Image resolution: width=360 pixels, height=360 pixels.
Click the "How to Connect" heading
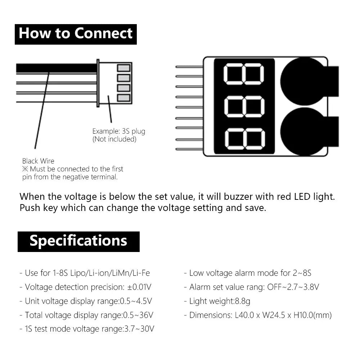(76, 33)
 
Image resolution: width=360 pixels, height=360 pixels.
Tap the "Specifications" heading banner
(78, 241)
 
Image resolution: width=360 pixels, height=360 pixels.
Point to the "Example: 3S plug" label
(118, 131)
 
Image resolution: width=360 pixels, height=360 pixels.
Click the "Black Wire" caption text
(38, 161)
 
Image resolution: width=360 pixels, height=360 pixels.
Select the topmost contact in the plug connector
(123, 68)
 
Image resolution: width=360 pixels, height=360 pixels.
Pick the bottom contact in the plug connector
(123, 98)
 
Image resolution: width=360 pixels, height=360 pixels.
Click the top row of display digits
(244, 74)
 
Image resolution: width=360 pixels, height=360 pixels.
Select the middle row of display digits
(244, 107)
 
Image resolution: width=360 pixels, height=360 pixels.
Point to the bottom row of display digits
(244, 139)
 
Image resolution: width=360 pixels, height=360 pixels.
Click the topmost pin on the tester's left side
(189, 67)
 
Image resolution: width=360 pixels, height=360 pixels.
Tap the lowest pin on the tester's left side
(189, 149)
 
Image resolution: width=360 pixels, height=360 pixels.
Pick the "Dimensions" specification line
(258, 315)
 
